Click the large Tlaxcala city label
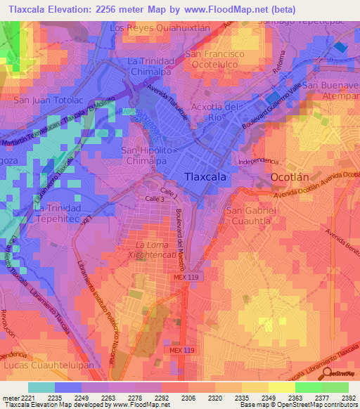click(x=205, y=177)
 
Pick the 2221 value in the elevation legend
click(x=20, y=397)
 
